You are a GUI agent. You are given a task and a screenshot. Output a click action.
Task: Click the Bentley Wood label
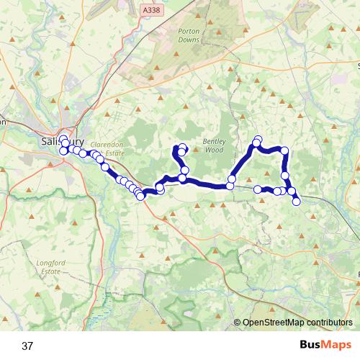point(214,146)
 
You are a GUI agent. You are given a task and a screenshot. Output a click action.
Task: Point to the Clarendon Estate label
point(110,148)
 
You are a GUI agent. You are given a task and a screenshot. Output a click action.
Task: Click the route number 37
point(27,346)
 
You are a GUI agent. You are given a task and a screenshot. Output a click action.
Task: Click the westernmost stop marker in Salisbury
point(63,151)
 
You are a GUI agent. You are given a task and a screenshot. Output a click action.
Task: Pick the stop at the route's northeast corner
point(284,150)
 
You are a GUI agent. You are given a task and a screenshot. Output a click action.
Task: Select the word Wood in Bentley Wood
point(215,151)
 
